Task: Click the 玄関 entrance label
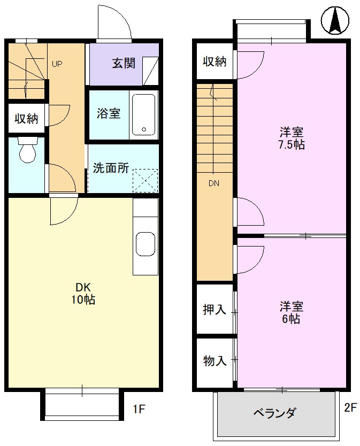coord(123,63)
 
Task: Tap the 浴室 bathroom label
coord(108,113)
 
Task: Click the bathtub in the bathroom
coord(143,114)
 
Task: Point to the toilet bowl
coord(27,152)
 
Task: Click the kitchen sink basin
coord(145,244)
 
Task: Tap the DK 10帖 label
coord(82,293)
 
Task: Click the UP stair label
coord(57,64)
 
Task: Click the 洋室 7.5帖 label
coord(292,138)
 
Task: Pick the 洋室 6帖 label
coord(292,313)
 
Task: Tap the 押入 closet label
coord(215,310)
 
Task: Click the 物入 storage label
coord(215,361)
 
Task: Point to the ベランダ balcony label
coord(273,413)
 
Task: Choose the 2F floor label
coord(350,409)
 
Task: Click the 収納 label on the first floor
coord(26,119)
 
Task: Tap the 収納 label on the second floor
coord(215,61)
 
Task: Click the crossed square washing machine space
coord(145,180)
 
